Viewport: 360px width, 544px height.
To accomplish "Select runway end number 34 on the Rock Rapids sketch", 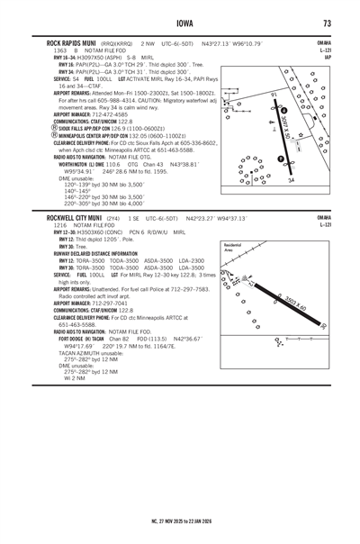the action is pos(291,180).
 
